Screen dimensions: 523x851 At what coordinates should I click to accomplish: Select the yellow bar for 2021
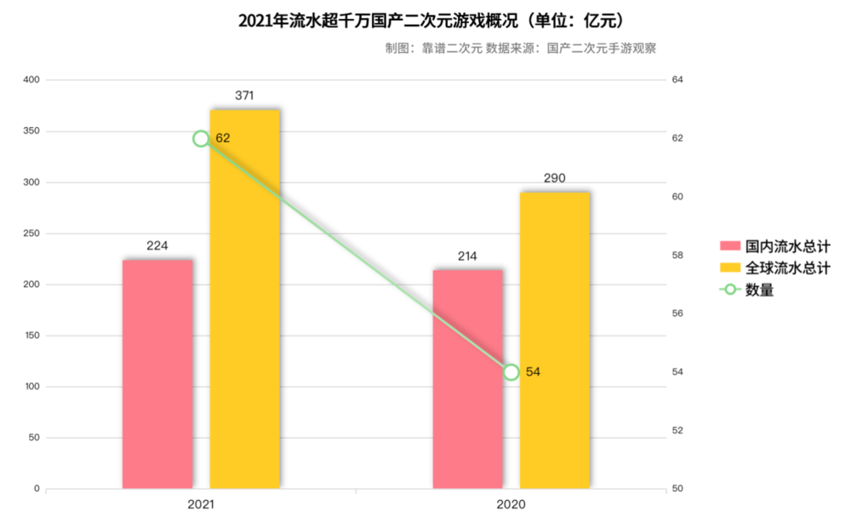[245, 298]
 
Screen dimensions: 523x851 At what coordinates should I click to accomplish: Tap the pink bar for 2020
[467, 378]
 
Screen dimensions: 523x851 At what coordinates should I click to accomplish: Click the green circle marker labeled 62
[201, 139]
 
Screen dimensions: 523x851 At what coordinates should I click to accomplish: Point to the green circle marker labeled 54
[511, 372]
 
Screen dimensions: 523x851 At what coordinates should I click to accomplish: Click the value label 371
[244, 95]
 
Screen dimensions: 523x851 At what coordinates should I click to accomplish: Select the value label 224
[157, 245]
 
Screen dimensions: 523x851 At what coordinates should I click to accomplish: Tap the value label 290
[555, 178]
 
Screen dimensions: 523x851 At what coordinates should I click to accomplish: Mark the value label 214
[467, 256]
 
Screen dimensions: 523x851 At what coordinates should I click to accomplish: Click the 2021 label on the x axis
[201, 504]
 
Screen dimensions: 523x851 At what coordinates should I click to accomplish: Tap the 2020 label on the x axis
[511, 504]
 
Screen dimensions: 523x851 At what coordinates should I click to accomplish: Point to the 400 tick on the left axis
[31, 80]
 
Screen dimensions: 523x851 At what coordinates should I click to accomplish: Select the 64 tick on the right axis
[677, 80]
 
